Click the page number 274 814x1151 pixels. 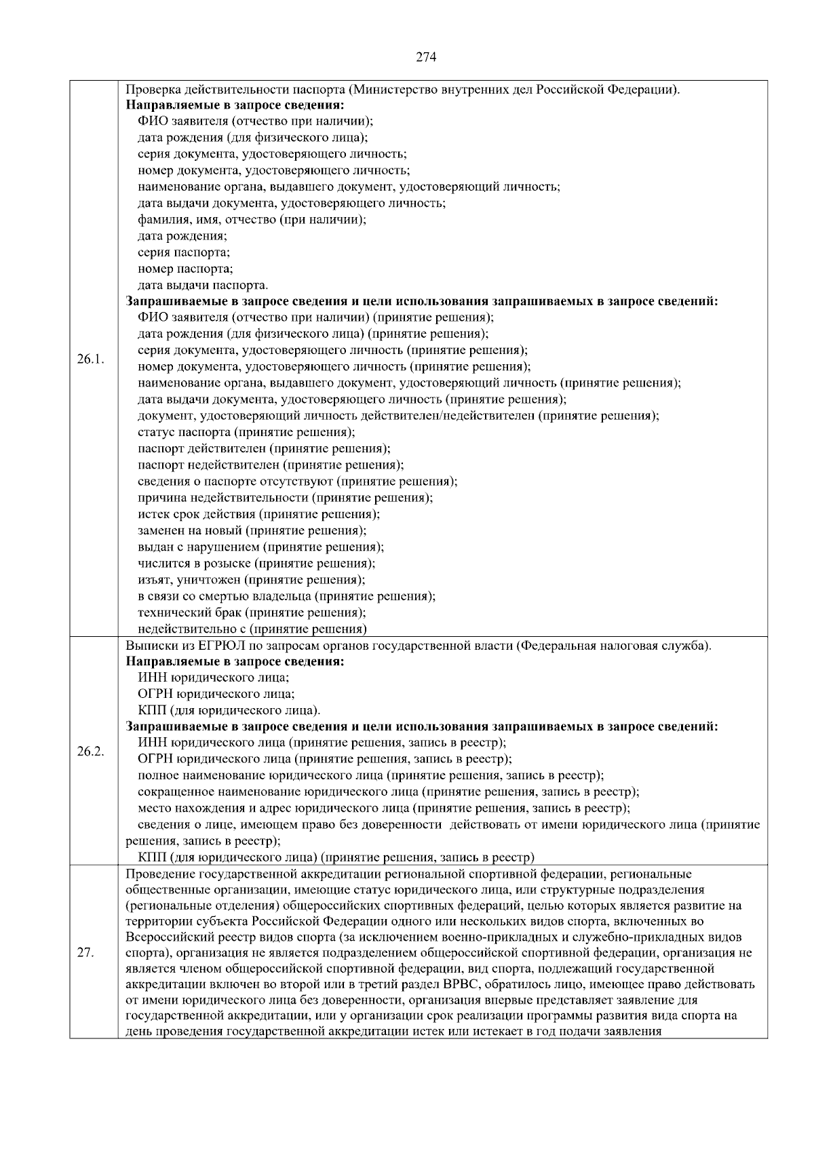click(425, 57)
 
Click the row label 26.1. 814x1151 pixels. click(90, 358)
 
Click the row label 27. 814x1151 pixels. click(85, 952)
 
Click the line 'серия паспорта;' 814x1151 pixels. click(184, 252)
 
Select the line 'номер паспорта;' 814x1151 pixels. click(185, 269)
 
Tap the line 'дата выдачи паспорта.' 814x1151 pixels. click(203, 285)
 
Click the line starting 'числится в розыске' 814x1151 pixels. click(256, 563)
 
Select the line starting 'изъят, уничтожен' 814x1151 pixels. click(252, 580)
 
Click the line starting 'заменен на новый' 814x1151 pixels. click(252, 530)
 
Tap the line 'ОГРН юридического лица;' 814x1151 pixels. click(216, 694)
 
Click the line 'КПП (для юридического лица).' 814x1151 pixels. click(229, 710)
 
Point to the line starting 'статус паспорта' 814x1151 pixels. click(246, 432)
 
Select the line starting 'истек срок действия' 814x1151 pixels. click(258, 514)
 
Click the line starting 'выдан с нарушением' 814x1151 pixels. click(260, 547)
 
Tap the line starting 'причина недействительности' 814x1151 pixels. click(285, 498)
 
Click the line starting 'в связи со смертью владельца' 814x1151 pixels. click(286, 596)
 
